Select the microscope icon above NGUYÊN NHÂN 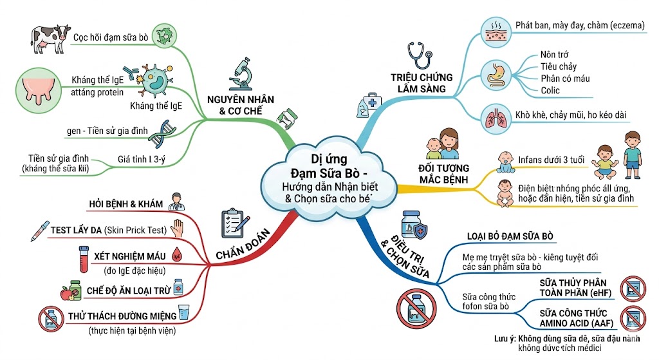coord(239,73)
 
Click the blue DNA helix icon coord(158,131)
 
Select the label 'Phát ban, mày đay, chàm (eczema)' coord(579,25)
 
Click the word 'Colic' coord(550,90)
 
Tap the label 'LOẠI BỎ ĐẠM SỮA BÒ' coord(510,236)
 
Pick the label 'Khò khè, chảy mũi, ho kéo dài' coord(571,115)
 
